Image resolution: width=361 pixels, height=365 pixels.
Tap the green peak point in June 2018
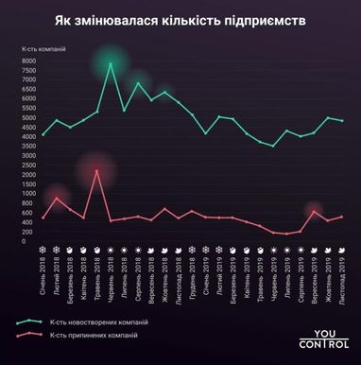click(111, 63)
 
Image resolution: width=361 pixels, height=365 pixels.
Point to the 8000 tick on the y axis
click(28, 61)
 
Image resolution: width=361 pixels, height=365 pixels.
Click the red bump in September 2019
click(315, 211)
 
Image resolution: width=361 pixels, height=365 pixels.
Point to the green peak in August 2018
click(138, 83)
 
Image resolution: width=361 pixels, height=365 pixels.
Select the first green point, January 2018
click(43, 134)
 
